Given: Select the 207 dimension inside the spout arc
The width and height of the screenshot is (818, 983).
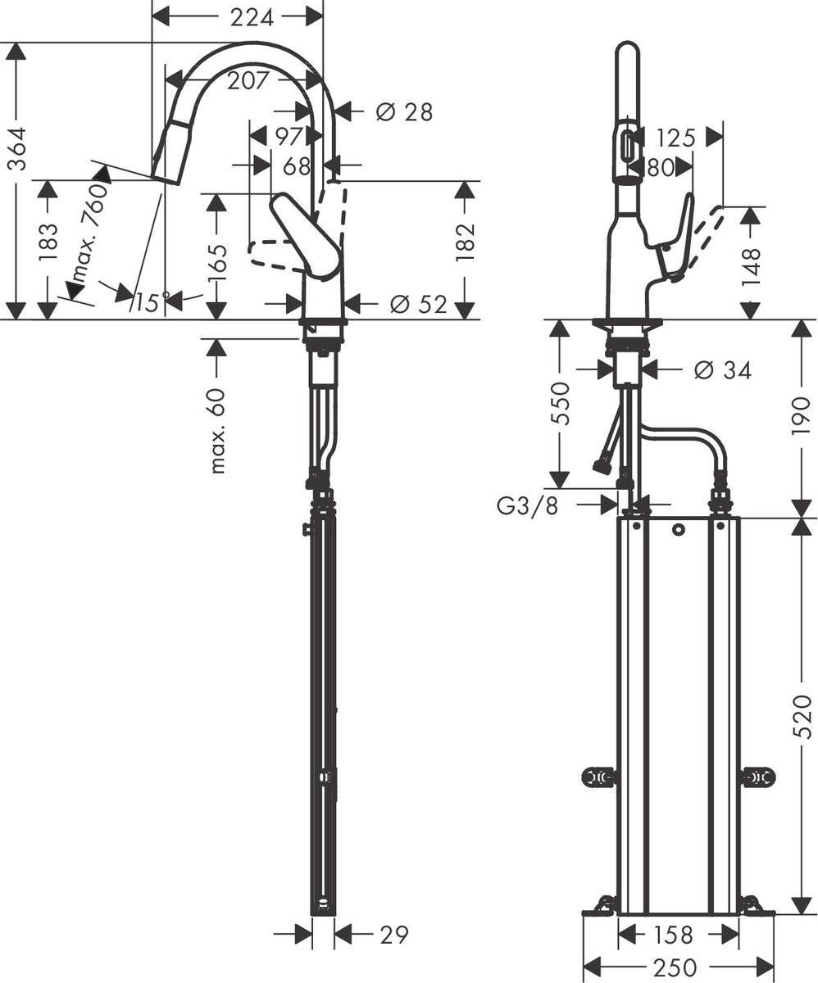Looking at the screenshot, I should click(242, 80).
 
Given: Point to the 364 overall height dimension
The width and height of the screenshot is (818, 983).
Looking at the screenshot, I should click(16, 148).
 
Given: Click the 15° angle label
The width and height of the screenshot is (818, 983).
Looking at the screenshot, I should click(152, 302).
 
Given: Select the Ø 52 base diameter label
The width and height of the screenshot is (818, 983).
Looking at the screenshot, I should click(419, 305).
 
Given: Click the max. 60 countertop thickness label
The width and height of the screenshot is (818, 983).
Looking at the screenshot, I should click(217, 430).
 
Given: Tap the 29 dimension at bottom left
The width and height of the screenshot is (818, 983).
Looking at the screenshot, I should click(394, 934).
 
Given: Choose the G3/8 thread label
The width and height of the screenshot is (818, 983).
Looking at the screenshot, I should click(527, 505).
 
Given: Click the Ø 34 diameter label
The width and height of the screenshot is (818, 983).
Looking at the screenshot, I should click(722, 370).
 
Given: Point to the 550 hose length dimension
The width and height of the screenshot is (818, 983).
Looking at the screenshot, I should click(561, 403).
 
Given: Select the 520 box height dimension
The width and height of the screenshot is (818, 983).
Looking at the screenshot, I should click(802, 716).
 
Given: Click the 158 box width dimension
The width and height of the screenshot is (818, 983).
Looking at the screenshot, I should click(675, 934).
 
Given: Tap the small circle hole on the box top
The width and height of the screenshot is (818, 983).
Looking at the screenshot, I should click(678, 530).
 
